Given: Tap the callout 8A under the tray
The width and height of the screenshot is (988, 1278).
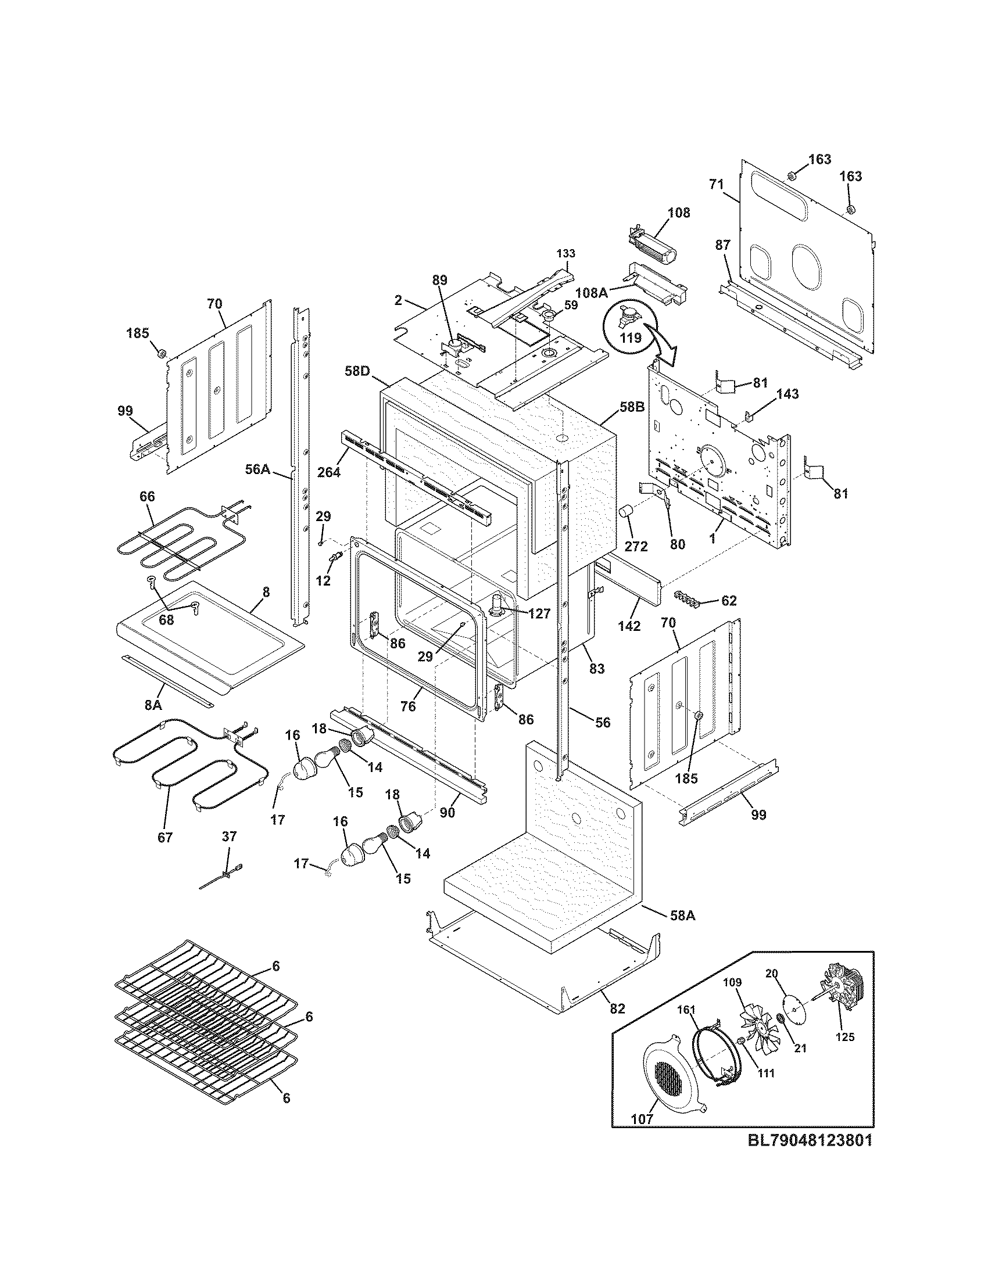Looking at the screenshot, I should (153, 705).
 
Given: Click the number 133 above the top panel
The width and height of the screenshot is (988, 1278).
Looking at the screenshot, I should (566, 253).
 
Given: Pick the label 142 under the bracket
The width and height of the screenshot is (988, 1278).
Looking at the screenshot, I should (629, 626).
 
